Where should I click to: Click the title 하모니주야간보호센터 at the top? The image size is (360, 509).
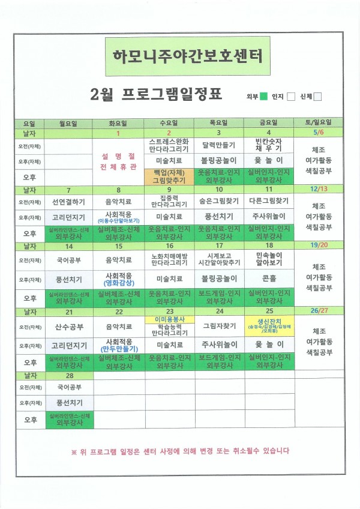pyautogui.click(x=187, y=56)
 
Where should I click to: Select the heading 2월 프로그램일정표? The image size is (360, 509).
pyautogui.click(x=155, y=94)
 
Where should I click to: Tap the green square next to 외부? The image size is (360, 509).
pyautogui.click(x=264, y=97)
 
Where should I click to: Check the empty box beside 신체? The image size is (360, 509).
pyautogui.click(x=319, y=97)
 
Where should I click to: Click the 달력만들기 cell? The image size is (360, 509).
pyautogui.click(x=218, y=145)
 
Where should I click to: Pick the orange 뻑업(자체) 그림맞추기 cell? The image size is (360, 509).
pyautogui.click(x=169, y=175)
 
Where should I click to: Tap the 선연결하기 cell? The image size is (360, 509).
pyautogui.click(x=68, y=201)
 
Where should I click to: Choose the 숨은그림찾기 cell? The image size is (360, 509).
pyautogui.click(x=218, y=201)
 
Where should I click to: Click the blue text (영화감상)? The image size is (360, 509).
pyautogui.click(x=118, y=282)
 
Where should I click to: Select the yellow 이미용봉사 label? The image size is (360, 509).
pyautogui.click(x=169, y=319)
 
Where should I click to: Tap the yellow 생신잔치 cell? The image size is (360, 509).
pyautogui.click(x=269, y=324)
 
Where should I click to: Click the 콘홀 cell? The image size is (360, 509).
pyautogui.click(x=269, y=279)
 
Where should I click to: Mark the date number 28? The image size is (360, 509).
pyautogui.click(x=69, y=375)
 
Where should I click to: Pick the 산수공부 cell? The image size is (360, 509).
pyautogui.click(x=68, y=327)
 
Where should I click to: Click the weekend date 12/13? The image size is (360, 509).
pyautogui.click(x=319, y=188)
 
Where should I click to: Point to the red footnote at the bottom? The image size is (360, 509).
pyautogui.click(x=180, y=451)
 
